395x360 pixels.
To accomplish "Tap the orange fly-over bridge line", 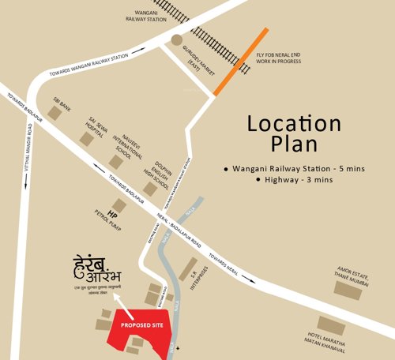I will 240,62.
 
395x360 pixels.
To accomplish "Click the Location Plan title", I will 293,134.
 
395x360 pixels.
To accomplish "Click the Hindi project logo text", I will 100,276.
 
